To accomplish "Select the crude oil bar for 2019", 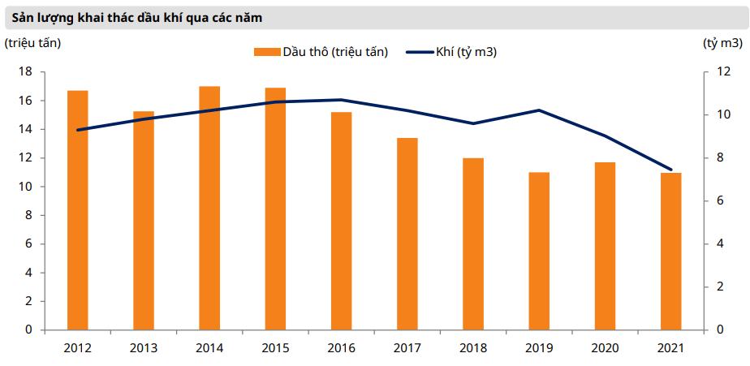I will (539, 251).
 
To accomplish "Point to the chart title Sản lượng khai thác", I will (149, 16).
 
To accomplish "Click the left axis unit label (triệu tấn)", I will (33, 42).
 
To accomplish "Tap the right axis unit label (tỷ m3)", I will (721, 42).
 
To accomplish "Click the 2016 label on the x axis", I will (342, 347).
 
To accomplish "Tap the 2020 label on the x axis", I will (605, 347).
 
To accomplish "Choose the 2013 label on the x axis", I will (144, 347).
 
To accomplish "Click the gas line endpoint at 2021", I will (670, 170).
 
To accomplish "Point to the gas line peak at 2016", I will (342, 100).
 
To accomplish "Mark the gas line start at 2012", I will (78, 130).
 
